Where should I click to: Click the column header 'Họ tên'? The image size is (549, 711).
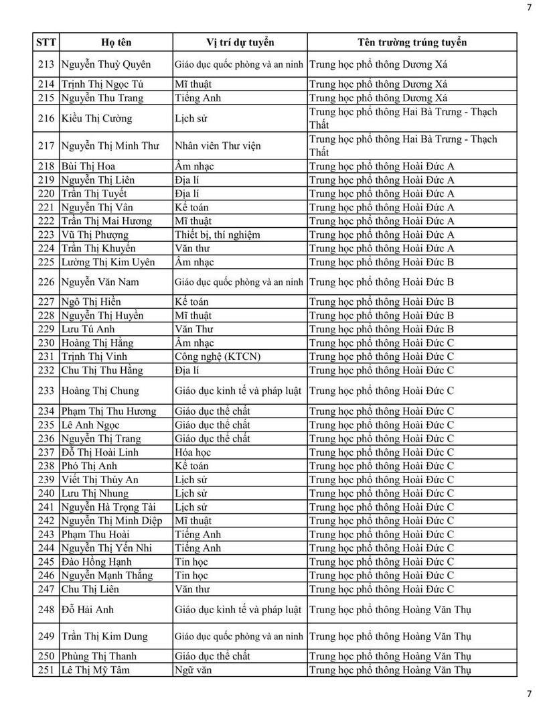[116, 42]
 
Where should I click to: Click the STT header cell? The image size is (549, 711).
[46, 42]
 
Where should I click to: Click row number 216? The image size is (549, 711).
[46, 119]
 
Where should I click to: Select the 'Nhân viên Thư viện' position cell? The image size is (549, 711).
[218, 146]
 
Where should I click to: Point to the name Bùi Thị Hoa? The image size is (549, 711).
[88, 166]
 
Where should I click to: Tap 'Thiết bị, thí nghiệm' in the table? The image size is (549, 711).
[218, 235]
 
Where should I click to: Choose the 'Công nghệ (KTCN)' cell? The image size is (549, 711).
[218, 357]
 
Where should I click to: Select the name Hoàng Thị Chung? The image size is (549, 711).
[100, 391]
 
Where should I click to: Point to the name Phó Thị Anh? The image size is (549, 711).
[89, 466]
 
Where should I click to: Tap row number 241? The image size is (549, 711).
[46, 507]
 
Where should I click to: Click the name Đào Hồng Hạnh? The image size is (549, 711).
[96, 562]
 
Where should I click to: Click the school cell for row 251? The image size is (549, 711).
[390, 670]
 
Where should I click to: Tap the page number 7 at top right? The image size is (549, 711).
[529, 7]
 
